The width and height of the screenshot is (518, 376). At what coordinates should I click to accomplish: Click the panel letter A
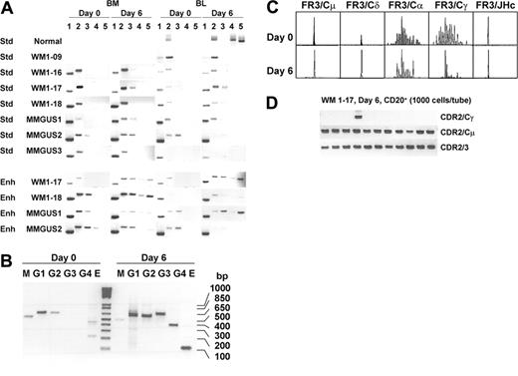(x=7, y=8)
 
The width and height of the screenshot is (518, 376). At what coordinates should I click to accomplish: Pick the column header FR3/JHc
(x=494, y=9)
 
